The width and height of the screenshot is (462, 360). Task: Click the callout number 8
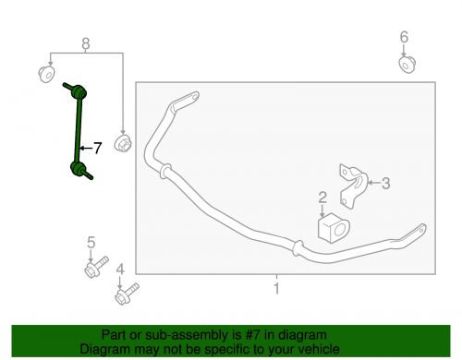pos(86,44)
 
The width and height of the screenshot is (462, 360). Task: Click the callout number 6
pos(404,37)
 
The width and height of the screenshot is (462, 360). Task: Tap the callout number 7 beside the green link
pos(97,148)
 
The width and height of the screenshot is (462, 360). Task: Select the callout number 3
pos(385,183)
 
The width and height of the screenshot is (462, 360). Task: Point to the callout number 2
pos(322,198)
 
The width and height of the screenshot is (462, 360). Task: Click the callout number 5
pos(91,243)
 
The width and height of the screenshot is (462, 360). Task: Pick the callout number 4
pos(120,270)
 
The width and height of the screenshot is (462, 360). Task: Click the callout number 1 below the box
pos(276,289)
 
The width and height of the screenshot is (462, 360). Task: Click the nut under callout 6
pos(407,65)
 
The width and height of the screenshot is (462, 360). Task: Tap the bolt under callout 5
pos(96,267)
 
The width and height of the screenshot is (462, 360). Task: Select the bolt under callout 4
pos(127,294)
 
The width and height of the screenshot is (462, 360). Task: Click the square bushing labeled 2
pos(334,228)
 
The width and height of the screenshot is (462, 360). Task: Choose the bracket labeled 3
pos(354,186)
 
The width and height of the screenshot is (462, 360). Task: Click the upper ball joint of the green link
pos(79,91)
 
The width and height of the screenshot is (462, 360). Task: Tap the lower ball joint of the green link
pos(78,168)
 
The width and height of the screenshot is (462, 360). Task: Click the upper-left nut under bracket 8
pos(47,74)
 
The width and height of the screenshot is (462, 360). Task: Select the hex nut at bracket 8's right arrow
pos(123,143)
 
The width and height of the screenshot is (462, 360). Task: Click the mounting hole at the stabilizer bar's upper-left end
pos(194,97)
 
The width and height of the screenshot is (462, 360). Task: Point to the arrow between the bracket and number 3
pos(374,183)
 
